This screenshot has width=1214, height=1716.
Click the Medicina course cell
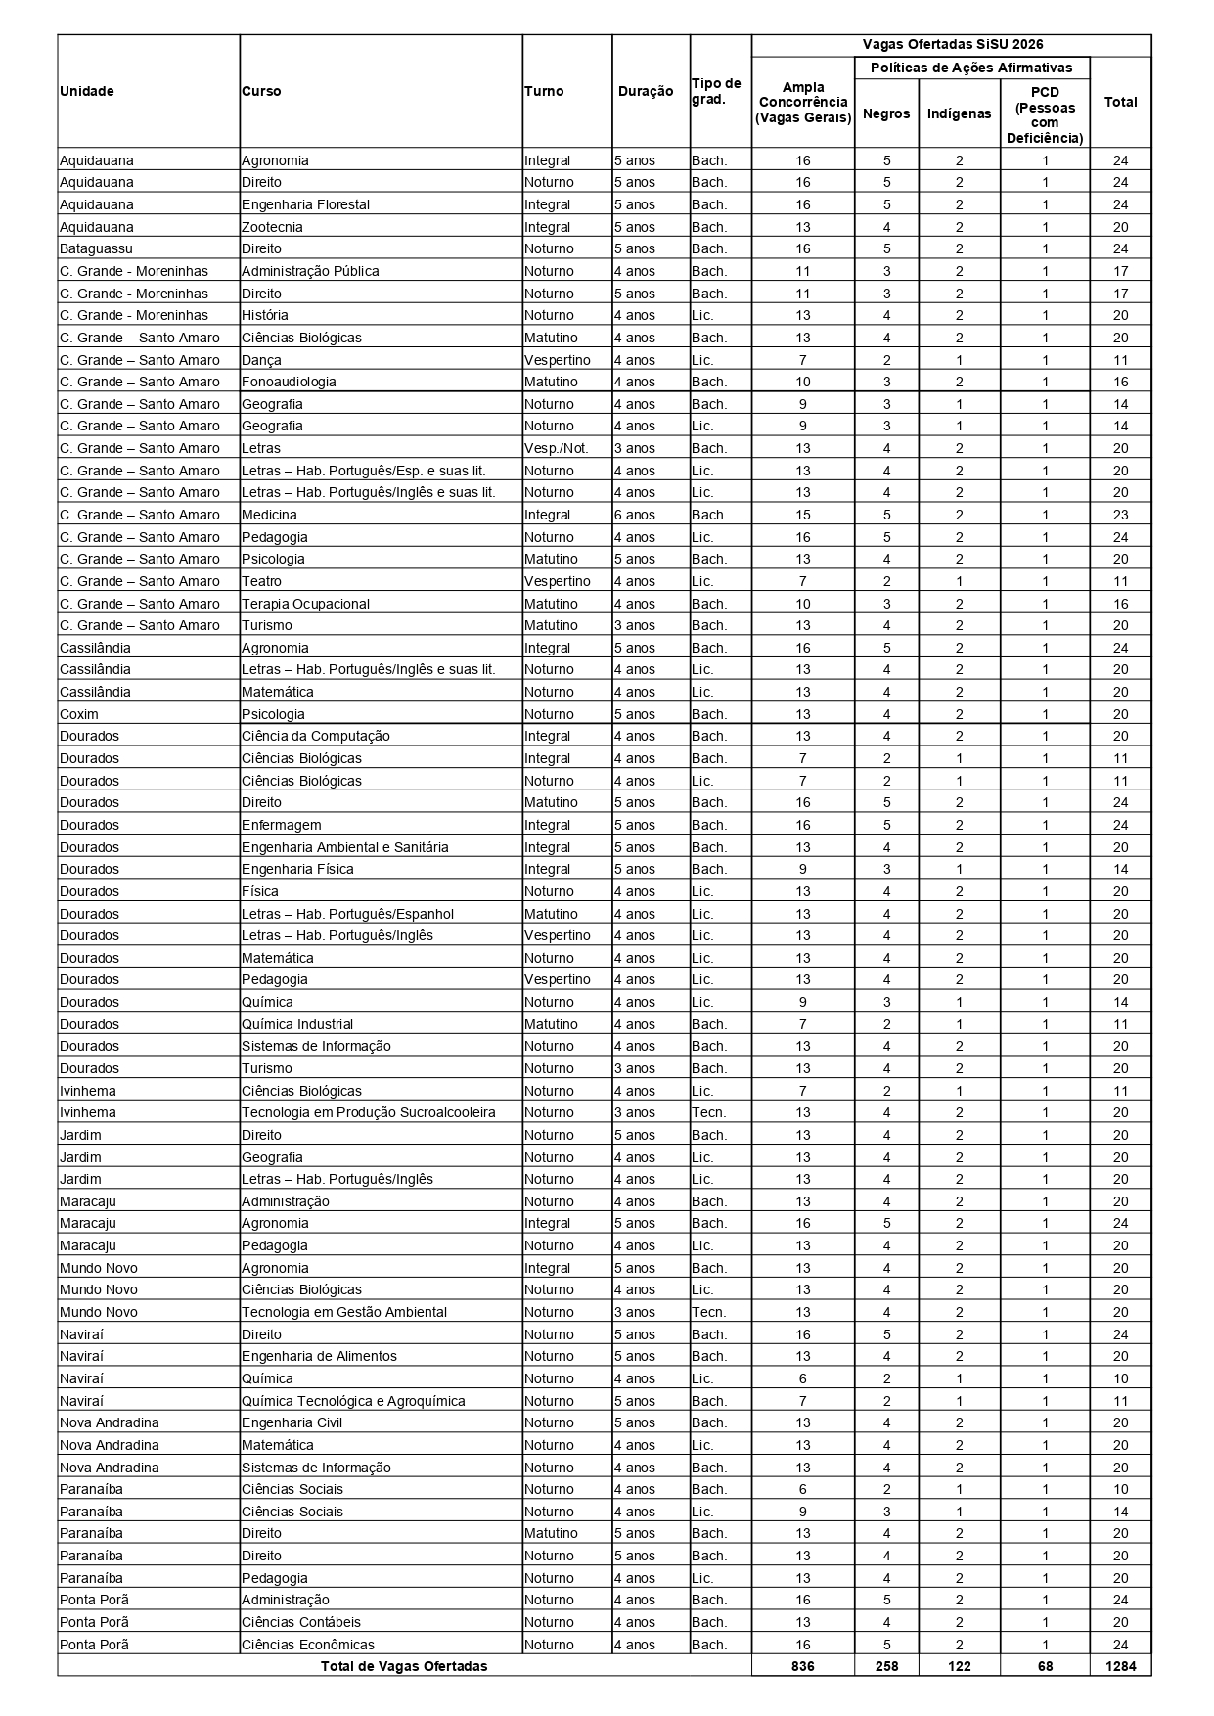(270, 515)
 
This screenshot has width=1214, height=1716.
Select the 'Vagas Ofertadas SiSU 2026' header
(952, 45)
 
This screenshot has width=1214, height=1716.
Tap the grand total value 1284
(1120, 1666)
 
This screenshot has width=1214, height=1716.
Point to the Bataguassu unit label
(96, 248)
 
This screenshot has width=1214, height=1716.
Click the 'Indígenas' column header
(959, 113)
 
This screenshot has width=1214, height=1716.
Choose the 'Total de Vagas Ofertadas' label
(404, 1666)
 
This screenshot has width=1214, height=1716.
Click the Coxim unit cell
(79, 714)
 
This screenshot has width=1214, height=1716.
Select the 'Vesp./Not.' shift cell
(557, 448)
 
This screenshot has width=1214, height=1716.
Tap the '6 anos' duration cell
(635, 515)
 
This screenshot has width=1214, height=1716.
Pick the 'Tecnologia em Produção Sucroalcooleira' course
(369, 1112)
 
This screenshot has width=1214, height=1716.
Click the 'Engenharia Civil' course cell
(292, 1422)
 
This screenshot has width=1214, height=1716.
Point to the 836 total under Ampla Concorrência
(802, 1666)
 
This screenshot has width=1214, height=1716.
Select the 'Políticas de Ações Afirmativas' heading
(971, 68)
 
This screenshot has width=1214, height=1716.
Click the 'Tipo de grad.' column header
(717, 91)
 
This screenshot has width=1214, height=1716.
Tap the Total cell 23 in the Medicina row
(1120, 515)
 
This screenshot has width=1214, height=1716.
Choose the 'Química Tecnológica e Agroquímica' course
(353, 1401)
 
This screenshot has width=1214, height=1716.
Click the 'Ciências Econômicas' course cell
(308, 1645)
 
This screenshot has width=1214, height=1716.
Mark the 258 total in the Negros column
(886, 1666)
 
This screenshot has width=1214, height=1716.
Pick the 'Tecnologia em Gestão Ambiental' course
(344, 1312)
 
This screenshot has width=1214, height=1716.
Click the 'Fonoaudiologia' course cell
(289, 382)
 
